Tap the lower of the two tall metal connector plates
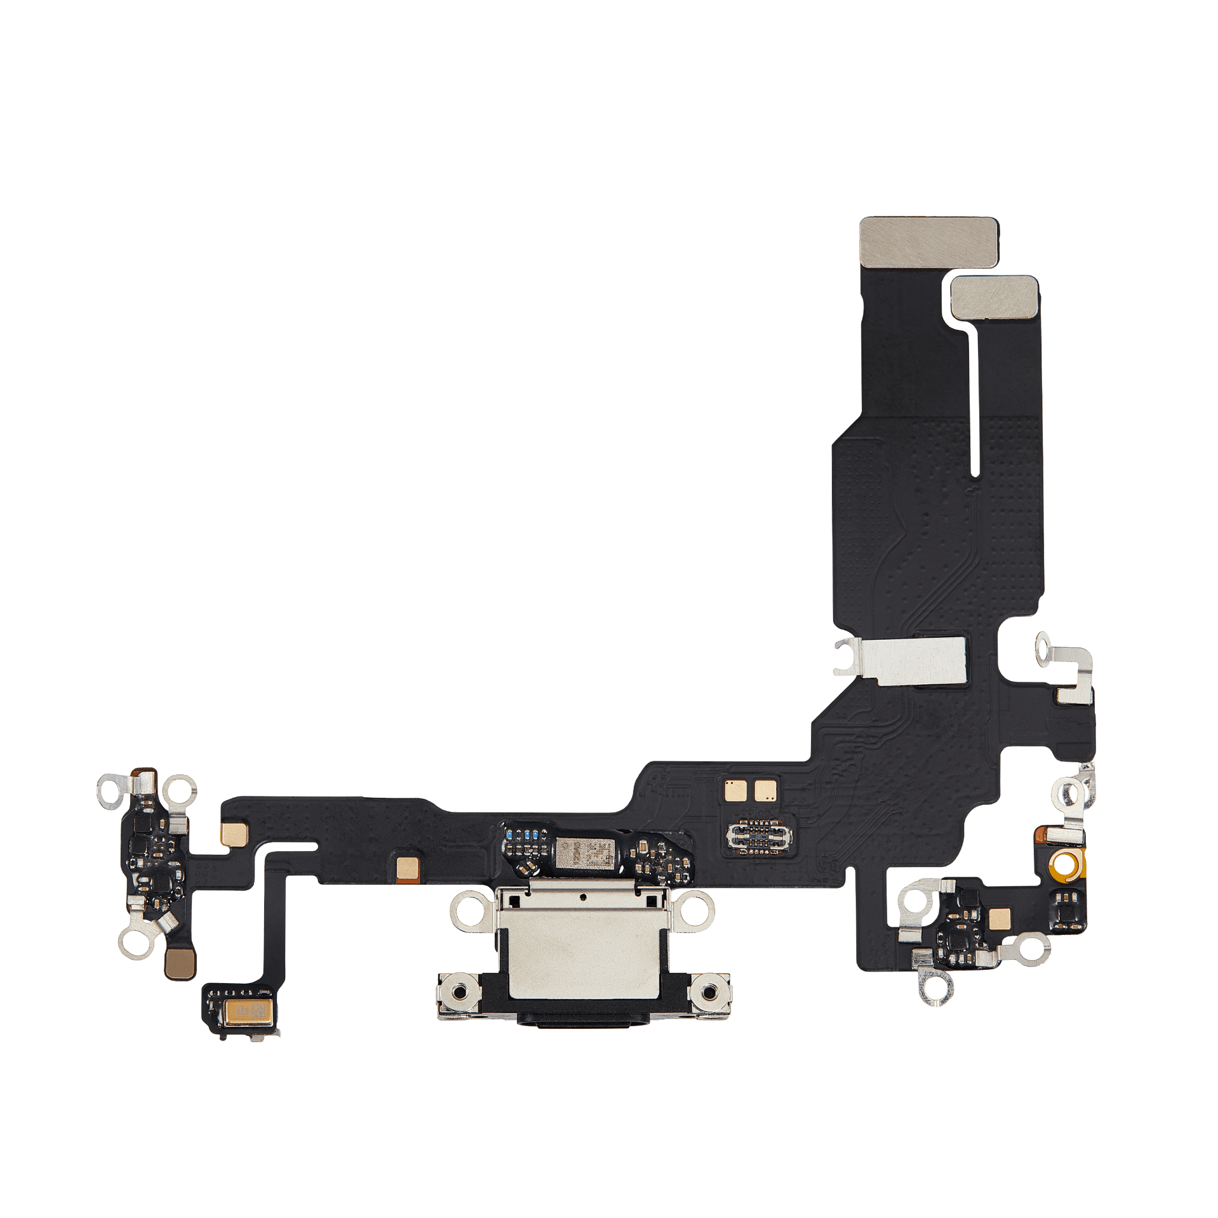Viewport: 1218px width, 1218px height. click(994, 297)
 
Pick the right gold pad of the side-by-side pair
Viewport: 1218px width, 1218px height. click(766, 790)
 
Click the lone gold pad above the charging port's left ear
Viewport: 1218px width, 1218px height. click(408, 868)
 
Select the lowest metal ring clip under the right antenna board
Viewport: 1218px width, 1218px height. click(938, 1003)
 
